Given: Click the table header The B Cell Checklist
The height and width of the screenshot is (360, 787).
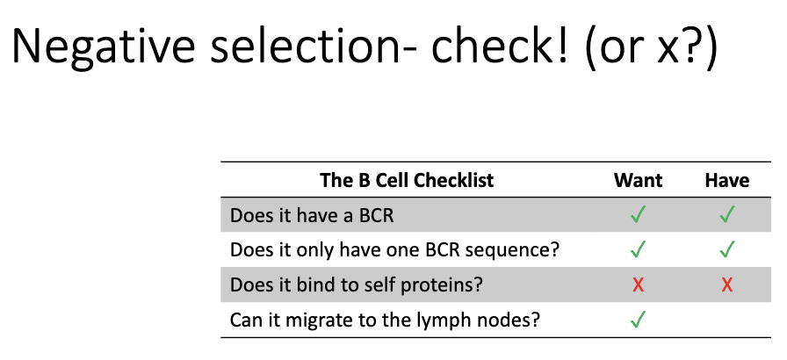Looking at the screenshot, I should [407, 181].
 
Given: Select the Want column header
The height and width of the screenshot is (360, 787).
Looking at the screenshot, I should [638, 181].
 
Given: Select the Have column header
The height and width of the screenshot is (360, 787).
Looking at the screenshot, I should [726, 181].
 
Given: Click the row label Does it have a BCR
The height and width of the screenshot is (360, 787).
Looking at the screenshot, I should [312, 215].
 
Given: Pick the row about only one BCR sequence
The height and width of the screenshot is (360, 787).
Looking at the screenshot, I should [394, 250].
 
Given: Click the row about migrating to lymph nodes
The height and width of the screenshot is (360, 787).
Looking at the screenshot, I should [385, 320].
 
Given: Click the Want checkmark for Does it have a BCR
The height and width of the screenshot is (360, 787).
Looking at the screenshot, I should [639, 215].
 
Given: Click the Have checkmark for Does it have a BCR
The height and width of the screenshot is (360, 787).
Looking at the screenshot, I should [726, 215].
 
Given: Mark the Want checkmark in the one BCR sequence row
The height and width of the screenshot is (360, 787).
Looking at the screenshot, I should [639, 250].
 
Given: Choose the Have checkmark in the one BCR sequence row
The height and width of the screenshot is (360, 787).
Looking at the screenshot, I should [726, 250].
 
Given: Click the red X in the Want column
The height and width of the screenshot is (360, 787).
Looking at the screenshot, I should [639, 285].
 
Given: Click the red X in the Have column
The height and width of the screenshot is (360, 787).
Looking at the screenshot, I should [726, 285].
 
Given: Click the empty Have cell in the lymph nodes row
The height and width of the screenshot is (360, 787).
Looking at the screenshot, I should [726, 320].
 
